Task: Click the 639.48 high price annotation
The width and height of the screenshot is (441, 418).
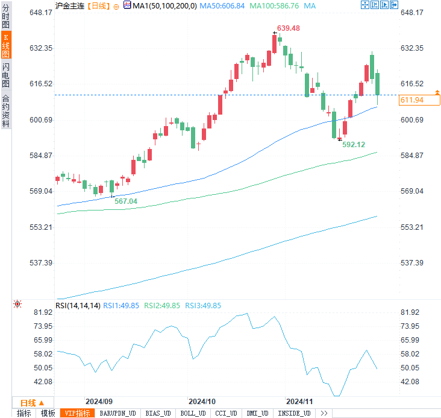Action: click(x=289, y=29)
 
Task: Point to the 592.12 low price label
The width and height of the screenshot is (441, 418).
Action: click(x=354, y=145)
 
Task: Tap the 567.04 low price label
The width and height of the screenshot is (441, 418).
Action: click(x=126, y=201)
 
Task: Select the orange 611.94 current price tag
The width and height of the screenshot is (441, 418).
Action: click(x=411, y=100)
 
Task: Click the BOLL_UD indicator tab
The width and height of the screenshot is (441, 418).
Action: click(x=192, y=413)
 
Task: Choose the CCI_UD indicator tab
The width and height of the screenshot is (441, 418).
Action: click(x=226, y=413)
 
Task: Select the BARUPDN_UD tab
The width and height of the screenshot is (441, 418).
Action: click(x=118, y=413)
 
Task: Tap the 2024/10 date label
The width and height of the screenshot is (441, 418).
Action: click(x=202, y=401)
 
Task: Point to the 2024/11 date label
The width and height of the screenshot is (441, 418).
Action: click(x=299, y=401)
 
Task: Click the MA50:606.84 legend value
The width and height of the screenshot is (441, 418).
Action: click(x=222, y=5)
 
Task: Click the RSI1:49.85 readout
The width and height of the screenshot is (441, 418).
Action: click(x=121, y=306)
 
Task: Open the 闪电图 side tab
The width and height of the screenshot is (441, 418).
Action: click(x=5, y=76)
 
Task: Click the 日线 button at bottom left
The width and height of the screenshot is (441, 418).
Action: click(x=28, y=402)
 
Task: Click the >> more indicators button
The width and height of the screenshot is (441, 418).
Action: click(x=324, y=413)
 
